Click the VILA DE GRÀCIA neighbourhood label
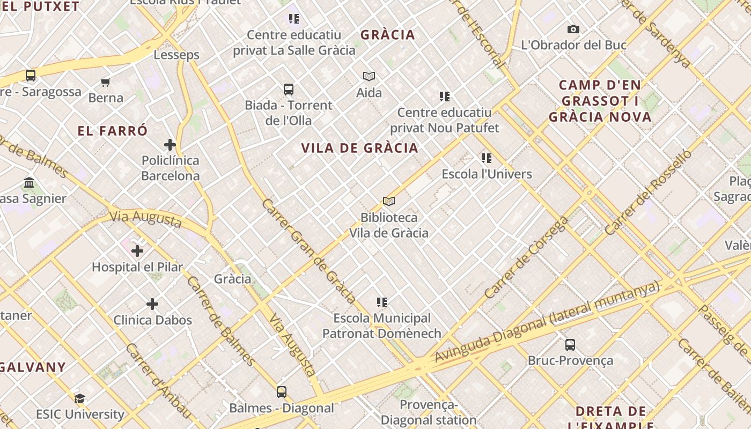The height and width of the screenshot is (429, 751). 359,148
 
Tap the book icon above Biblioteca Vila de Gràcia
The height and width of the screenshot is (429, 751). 389,201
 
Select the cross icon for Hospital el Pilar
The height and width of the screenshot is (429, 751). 137,250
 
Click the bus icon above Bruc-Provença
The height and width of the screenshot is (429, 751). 570,344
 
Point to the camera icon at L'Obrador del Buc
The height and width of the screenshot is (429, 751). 573,29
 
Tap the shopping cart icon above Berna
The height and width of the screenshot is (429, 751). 106,82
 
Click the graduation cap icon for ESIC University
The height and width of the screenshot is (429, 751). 80,398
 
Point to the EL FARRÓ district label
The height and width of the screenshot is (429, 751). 112,131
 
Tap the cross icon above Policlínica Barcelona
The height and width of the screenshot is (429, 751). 170,144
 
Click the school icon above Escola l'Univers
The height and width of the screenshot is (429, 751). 487,158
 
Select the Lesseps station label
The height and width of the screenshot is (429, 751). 176,55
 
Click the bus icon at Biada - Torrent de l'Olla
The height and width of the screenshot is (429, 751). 289,89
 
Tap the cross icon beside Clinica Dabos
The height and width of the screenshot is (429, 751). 152,304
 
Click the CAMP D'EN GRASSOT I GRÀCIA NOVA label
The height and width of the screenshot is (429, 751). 600,101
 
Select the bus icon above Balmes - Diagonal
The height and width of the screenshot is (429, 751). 282,391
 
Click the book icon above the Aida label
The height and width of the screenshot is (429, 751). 369,76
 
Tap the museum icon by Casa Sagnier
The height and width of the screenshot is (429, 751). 30,183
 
